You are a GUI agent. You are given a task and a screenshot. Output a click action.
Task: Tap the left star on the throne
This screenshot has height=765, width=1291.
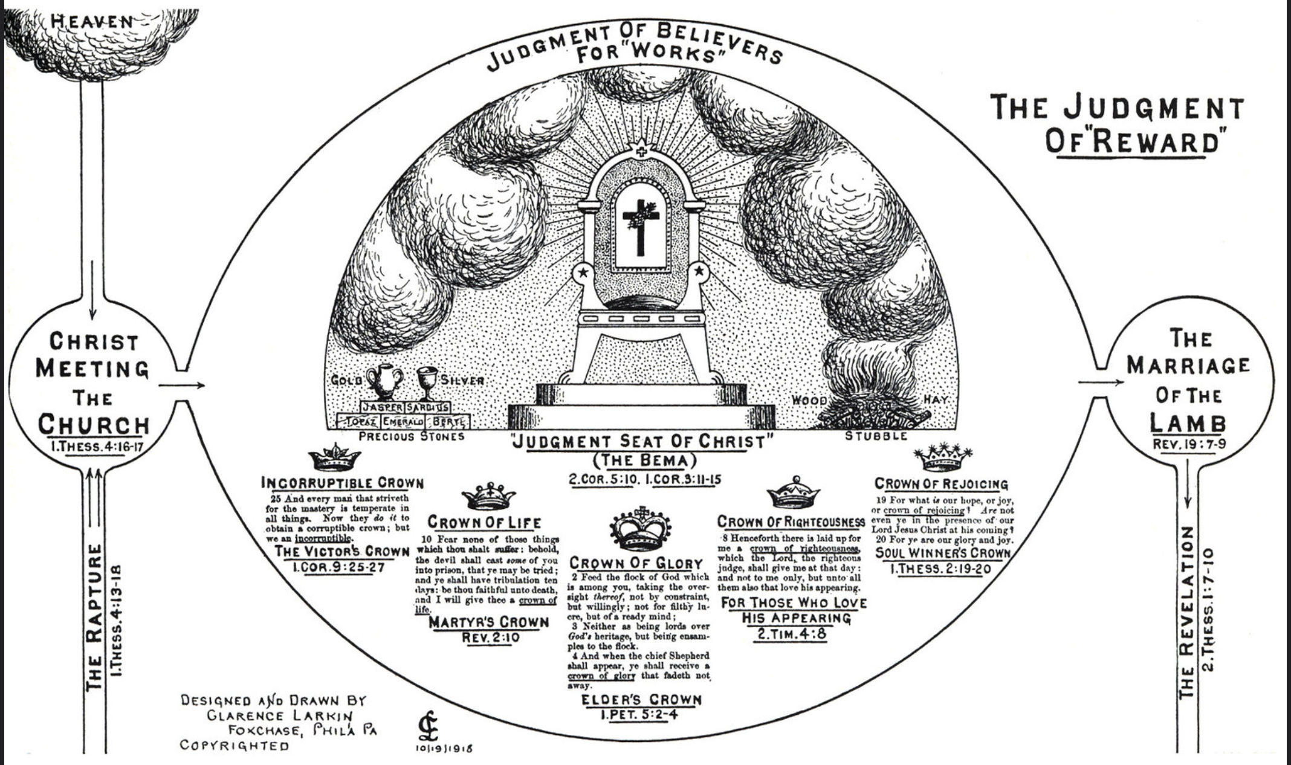pos(583,273)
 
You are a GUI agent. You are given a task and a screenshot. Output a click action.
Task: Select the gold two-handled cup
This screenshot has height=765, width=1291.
pos(384,381)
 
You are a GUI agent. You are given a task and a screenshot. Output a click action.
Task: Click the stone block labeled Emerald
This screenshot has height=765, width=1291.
pos(403,421)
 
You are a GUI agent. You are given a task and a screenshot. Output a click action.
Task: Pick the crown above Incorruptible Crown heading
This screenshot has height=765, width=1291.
pos(334,458)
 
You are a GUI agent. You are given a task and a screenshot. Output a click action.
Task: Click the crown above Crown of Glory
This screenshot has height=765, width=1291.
pos(641,529)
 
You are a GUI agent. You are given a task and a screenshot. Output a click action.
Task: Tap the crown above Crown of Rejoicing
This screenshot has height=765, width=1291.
pos(943,457)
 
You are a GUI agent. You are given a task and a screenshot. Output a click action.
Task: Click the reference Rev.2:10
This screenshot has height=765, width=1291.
pos(490,637)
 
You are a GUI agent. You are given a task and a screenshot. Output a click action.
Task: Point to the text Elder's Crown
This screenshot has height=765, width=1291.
pos(641,700)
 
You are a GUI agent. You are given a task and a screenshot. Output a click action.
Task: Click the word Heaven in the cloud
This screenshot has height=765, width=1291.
pos(92,21)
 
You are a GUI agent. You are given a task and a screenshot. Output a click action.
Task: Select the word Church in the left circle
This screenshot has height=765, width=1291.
pos(94,424)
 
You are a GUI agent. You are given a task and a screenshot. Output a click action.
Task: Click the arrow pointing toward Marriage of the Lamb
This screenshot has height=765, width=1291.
pos(1101,382)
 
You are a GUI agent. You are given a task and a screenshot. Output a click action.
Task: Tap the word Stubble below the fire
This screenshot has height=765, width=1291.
pos(876,436)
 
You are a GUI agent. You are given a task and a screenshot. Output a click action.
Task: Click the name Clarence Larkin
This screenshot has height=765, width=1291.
pos(280,715)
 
